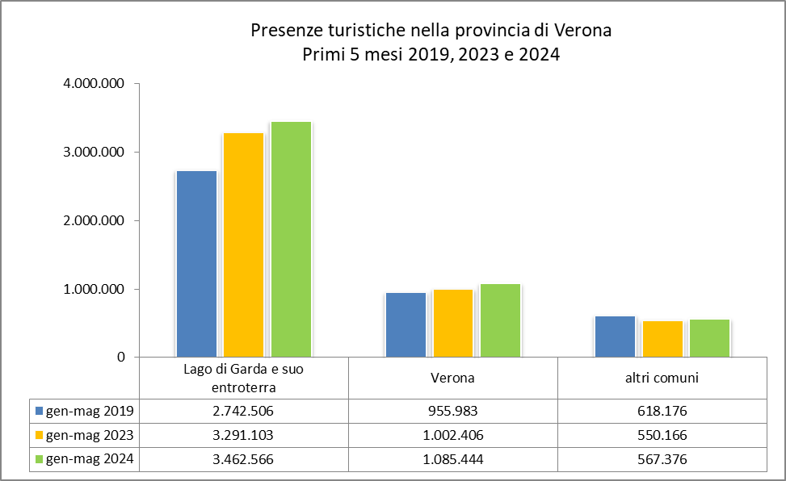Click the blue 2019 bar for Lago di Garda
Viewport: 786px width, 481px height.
[x=196, y=264]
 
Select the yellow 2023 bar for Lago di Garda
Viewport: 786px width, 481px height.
[x=243, y=245]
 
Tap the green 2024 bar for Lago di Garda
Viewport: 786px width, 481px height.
[x=291, y=239]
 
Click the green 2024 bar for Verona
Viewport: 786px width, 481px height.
[x=500, y=320]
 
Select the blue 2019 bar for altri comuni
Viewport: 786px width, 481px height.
[x=615, y=337]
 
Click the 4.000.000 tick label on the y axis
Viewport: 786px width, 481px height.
[x=94, y=84]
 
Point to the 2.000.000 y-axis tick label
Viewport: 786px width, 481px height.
[x=94, y=220]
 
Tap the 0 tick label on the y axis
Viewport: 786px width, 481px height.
[x=120, y=357]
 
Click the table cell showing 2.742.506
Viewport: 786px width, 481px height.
[x=243, y=411]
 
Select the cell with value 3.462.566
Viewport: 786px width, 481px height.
[x=243, y=459]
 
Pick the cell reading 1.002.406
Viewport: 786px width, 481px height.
[x=452, y=435]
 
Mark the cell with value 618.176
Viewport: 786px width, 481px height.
[x=662, y=411]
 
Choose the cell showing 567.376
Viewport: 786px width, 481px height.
[x=662, y=459]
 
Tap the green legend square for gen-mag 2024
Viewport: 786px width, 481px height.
[x=39, y=459]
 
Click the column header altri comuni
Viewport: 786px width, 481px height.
[x=662, y=377]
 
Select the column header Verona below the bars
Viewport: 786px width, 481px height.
[x=452, y=377]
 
